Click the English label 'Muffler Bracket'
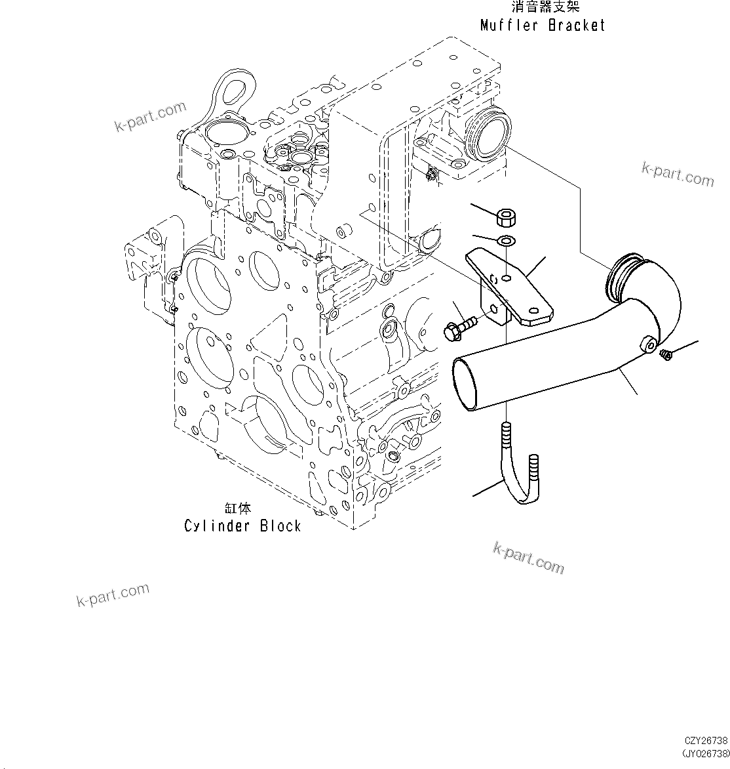[543, 26]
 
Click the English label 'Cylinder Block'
[242, 526]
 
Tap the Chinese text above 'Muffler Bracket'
[545, 8]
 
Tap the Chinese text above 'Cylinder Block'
[237, 508]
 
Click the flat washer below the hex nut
[505, 241]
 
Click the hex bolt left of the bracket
[459, 327]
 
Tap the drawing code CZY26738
[706, 739]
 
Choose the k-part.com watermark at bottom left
[113, 594]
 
